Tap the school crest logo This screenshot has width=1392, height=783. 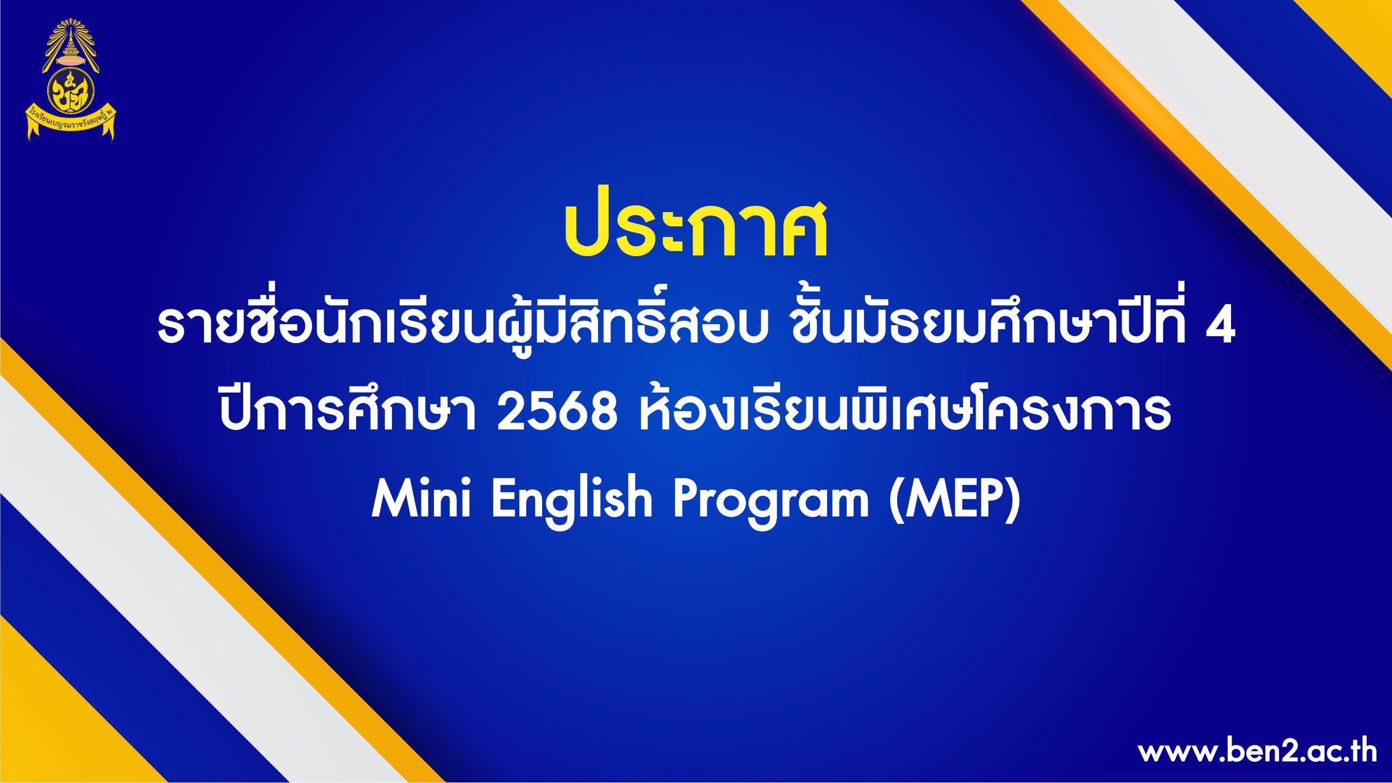point(71,80)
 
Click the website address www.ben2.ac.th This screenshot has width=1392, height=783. point(1257,752)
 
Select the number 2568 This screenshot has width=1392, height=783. point(557,412)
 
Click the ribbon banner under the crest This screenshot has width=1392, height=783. point(71,122)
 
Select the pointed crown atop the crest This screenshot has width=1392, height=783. point(71,43)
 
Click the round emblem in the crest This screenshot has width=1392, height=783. point(71,92)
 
